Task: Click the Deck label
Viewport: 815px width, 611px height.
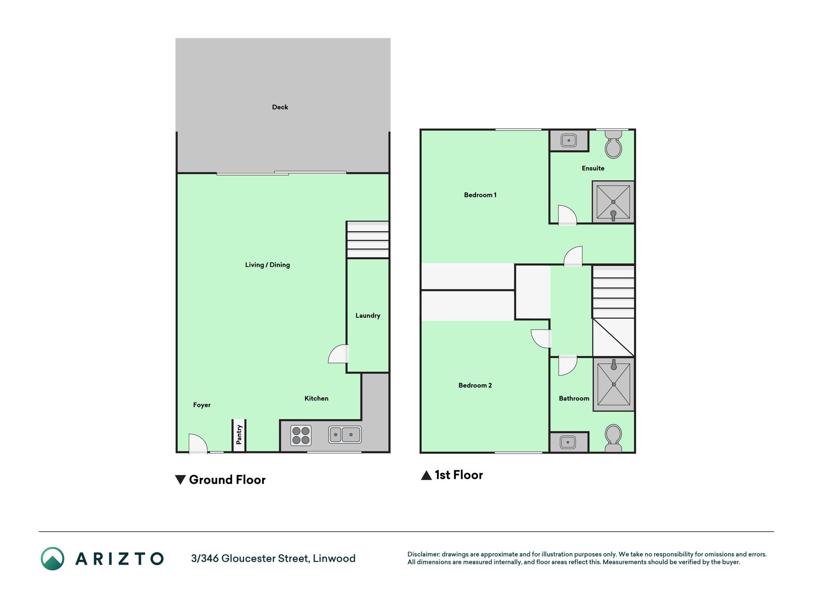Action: click(280, 107)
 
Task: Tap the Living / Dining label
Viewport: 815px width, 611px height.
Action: click(267, 264)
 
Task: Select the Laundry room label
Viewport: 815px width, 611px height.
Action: click(368, 316)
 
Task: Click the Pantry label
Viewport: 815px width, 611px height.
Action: click(239, 435)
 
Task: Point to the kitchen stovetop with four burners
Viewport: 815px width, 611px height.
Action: click(301, 435)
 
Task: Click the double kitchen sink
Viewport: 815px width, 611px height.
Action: click(345, 434)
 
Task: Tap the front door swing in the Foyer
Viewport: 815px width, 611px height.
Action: click(198, 443)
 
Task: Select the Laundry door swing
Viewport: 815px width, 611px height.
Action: click(339, 354)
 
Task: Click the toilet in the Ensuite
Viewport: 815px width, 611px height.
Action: click(614, 144)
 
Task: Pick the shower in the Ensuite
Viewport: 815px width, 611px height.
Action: click(614, 202)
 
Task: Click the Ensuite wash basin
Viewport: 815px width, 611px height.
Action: click(569, 140)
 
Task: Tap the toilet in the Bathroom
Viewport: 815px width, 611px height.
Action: click(614, 438)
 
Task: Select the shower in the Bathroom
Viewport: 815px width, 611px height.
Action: click(614, 384)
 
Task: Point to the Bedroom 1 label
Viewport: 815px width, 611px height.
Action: click(480, 195)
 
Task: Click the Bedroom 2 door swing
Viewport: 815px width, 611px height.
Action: click(541, 338)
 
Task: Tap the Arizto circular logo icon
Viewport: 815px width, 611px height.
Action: click(53, 558)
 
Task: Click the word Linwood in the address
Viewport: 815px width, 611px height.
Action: click(334, 558)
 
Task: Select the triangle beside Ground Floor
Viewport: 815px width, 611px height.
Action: click(180, 480)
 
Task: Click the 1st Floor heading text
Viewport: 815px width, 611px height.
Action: click(459, 475)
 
